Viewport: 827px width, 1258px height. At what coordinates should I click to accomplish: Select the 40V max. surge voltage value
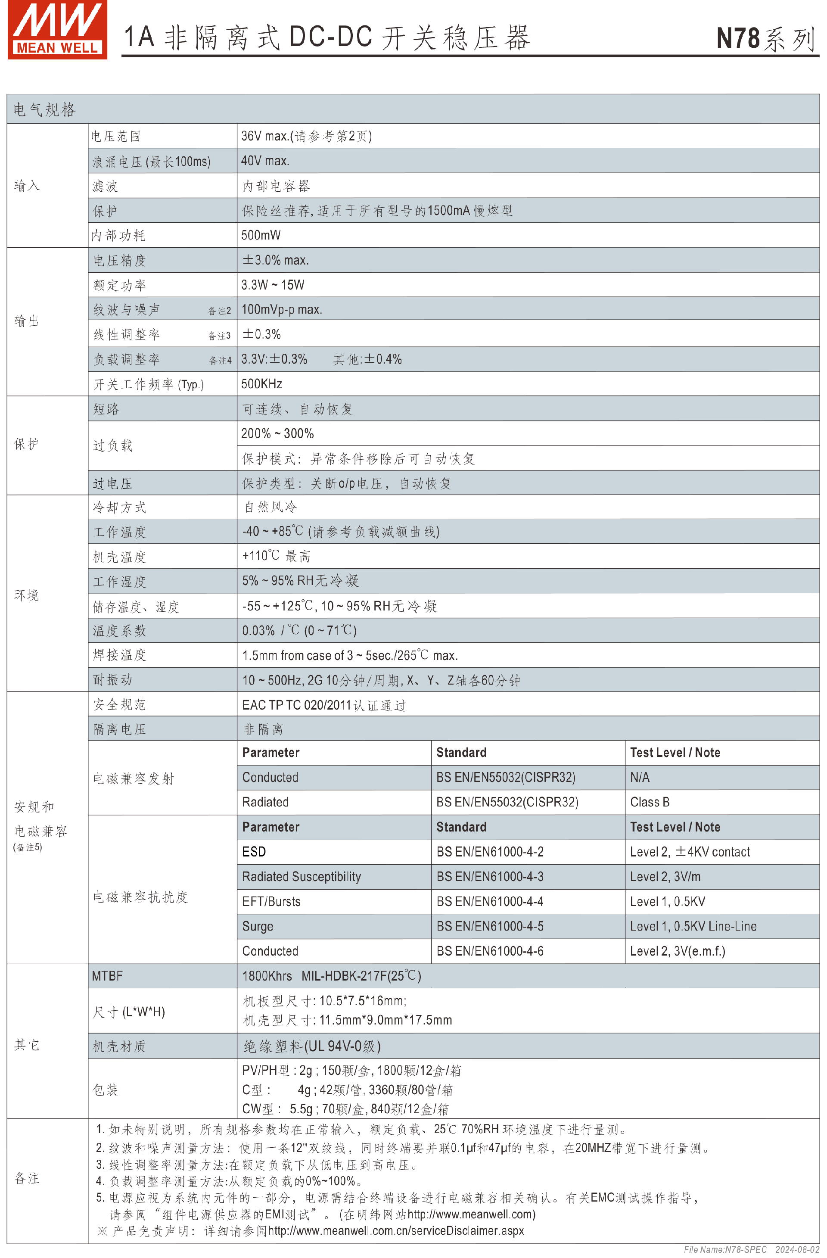[x=265, y=161]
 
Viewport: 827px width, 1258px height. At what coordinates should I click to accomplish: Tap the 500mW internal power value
[x=261, y=235]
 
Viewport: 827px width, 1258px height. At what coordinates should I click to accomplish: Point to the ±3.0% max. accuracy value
[x=275, y=260]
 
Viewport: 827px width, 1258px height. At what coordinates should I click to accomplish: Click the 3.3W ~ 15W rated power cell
[x=273, y=285]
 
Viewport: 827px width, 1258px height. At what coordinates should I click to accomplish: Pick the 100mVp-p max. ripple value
[x=282, y=309]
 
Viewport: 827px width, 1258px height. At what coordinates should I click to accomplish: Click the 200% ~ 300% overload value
[x=277, y=433]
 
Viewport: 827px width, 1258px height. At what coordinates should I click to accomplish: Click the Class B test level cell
[x=650, y=802]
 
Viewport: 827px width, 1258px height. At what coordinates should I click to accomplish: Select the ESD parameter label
[x=254, y=852]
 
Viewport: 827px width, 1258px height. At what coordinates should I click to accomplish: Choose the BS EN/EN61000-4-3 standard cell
[x=490, y=877]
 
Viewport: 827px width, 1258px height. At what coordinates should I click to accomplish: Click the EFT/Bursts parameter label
[x=271, y=902]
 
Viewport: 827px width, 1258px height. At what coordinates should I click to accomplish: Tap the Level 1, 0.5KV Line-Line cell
[x=693, y=927]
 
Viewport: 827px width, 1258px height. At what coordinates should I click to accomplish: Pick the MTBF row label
[x=107, y=976]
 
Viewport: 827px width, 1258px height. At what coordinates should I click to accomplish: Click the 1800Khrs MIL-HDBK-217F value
[x=331, y=976]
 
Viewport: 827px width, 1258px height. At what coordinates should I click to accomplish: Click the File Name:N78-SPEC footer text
[x=725, y=1249]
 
